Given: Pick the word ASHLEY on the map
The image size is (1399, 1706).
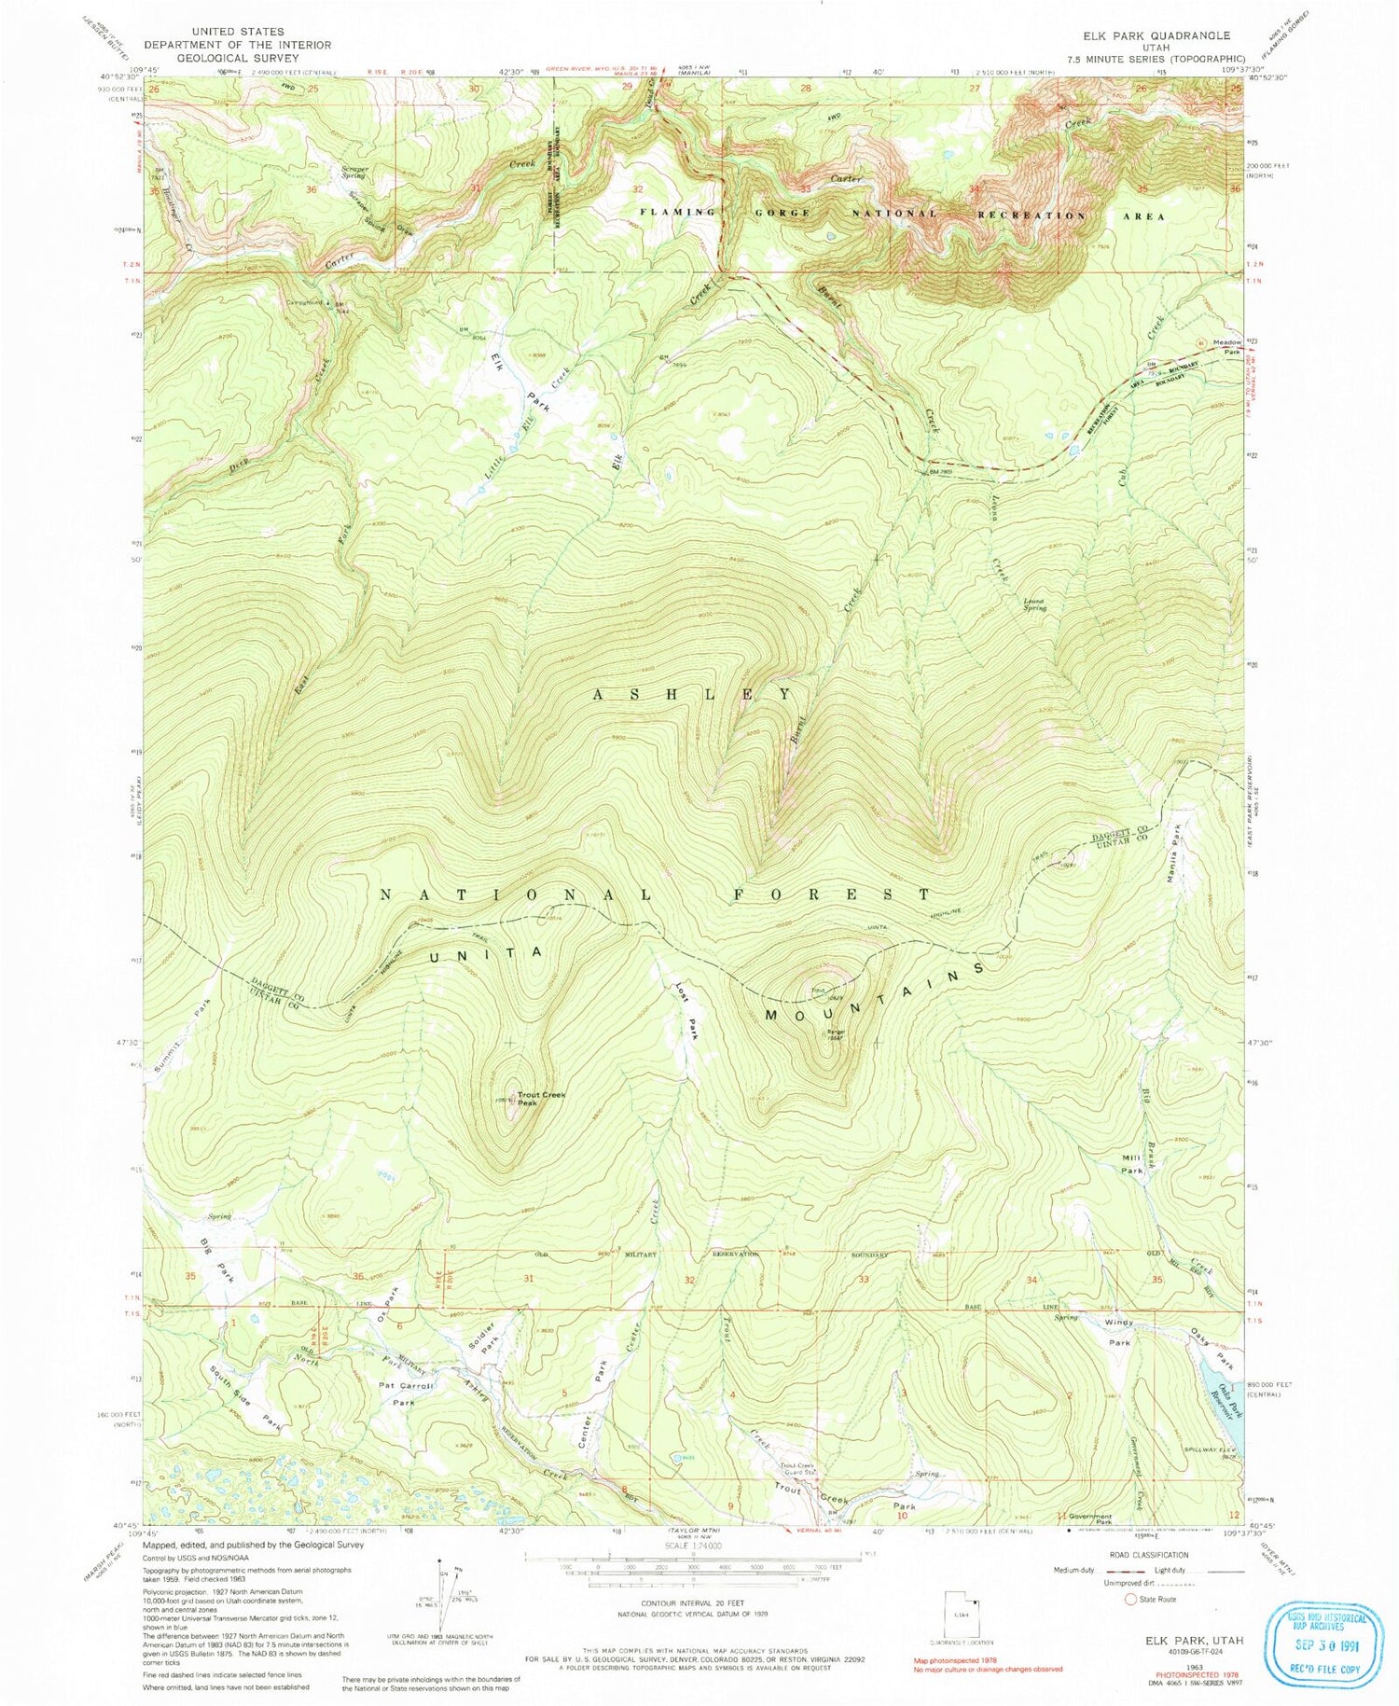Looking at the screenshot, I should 694,694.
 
